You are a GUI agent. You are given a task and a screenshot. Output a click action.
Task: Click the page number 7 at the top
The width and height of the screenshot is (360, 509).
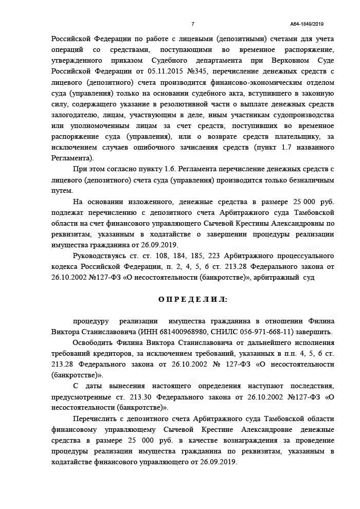pyautogui.click(x=192, y=24)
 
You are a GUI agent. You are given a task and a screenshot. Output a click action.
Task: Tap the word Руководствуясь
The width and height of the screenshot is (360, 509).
pyautogui.click(x=100, y=256)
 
